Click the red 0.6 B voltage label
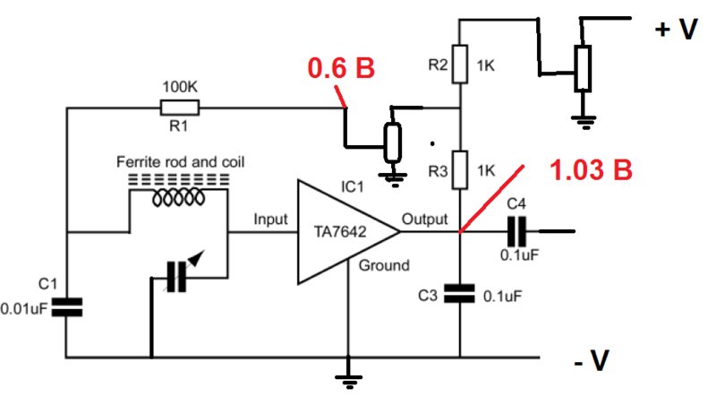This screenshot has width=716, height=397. pyautogui.click(x=341, y=68)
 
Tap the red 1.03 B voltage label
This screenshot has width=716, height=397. pyautogui.click(x=591, y=169)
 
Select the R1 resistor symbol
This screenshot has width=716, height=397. pyautogui.click(x=180, y=108)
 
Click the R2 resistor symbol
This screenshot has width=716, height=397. pyautogui.click(x=460, y=64)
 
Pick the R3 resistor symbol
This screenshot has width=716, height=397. pyautogui.click(x=460, y=169)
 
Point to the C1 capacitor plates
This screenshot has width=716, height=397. pyautogui.click(x=66, y=307)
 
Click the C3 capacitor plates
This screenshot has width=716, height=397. pyautogui.click(x=459, y=294)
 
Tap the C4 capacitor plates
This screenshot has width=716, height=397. pyautogui.click(x=517, y=231)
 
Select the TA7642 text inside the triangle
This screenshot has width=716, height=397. pyautogui.click(x=340, y=232)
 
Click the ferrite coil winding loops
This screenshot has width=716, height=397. pyautogui.click(x=178, y=198)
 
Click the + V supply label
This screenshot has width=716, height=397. pyautogui.click(x=677, y=30)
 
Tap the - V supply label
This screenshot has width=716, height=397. pyautogui.click(x=592, y=360)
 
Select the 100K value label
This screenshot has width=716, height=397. pyautogui.click(x=180, y=87)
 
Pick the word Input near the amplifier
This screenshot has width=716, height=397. pyautogui.click(x=271, y=220)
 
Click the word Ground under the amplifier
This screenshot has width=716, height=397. pyautogui.click(x=384, y=265)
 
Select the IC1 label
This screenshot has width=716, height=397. pyautogui.click(x=353, y=186)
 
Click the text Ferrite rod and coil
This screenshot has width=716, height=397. pyautogui.click(x=181, y=162)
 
